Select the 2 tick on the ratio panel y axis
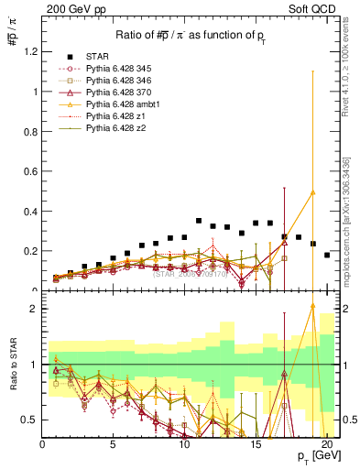pyautogui.click(x=34, y=309)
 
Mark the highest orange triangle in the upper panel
pyautogui.click(x=312, y=192)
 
